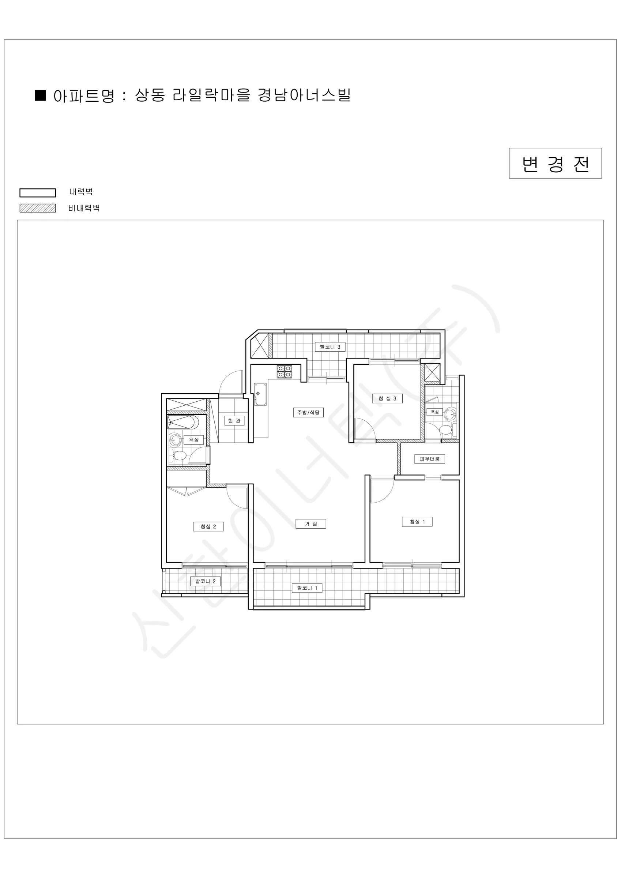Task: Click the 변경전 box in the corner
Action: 555,163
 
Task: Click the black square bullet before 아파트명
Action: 40,95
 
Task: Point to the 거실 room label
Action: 310,524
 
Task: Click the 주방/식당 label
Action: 308,413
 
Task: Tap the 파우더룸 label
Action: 429,459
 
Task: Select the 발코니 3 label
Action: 330,347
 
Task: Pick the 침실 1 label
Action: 417,522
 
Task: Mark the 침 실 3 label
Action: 387,398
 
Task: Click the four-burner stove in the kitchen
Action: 285,372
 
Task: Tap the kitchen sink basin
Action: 260,394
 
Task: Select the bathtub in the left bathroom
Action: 183,423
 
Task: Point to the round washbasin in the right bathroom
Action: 451,414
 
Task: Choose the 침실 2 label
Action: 208,526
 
